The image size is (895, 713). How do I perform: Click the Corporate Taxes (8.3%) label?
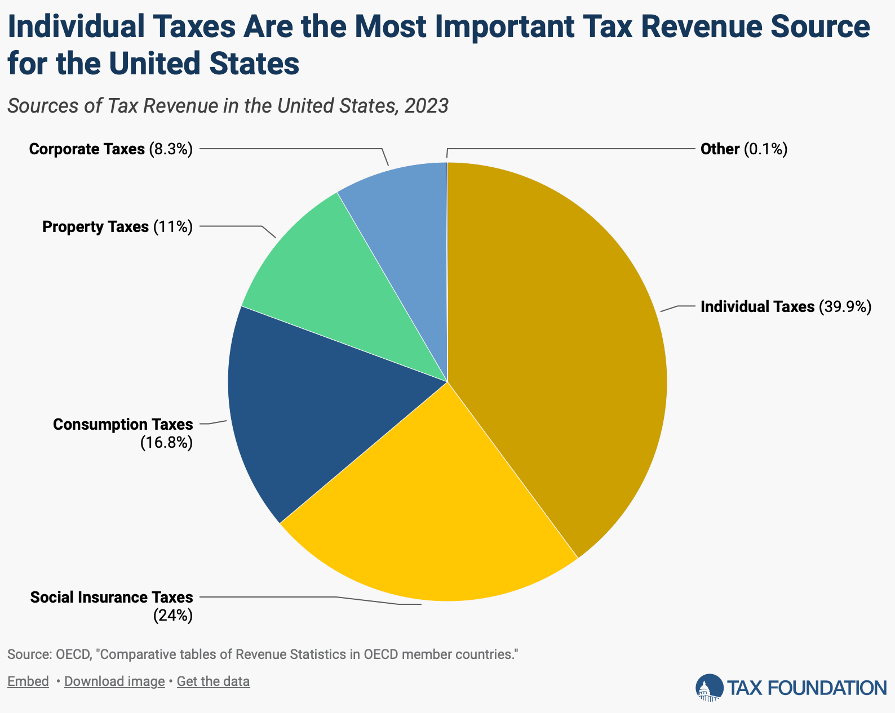point(111,149)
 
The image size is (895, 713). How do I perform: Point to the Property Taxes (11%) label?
point(117,227)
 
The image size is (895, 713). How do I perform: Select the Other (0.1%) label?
point(743,149)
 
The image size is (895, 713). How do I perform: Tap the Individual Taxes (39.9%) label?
point(786,307)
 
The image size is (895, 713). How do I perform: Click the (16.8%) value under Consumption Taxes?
point(166,443)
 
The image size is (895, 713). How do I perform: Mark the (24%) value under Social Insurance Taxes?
point(173,616)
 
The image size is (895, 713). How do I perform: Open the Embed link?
point(28,681)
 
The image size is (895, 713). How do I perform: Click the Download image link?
point(114,681)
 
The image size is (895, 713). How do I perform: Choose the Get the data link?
point(213,681)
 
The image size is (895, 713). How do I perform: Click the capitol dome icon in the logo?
point(709,687)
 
